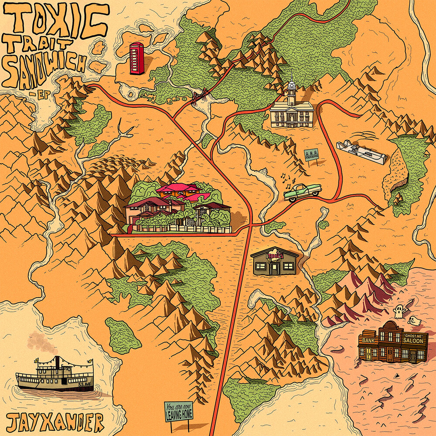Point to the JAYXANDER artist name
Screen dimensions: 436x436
click(x=56, y=423)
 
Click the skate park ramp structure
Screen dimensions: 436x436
click(x=361, y=152)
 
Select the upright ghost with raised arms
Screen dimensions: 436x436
click(x=398, y=311)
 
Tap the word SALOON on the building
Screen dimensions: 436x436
click(x=413, y=341)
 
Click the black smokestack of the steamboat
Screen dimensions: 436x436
click(x=57, y=362)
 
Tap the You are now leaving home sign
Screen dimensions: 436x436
click(x=179, y=411)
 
